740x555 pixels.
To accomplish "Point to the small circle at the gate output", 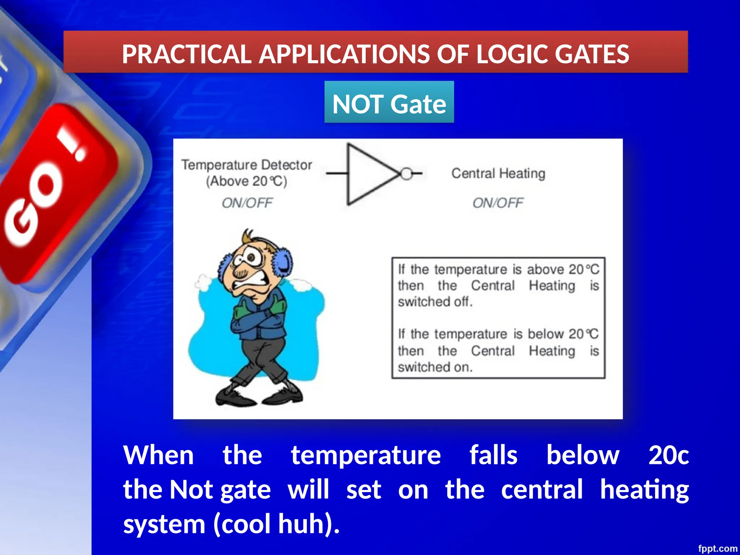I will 406,174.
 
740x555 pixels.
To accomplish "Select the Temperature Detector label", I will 246,165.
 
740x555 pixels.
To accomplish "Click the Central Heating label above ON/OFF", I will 498,173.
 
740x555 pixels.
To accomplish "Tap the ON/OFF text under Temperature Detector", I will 247,203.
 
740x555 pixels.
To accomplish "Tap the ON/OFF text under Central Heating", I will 498,203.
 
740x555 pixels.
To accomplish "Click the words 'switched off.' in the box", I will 435,302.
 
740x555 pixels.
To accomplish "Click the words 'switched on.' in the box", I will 435,367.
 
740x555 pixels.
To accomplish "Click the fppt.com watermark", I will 717,548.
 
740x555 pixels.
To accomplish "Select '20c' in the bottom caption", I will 668,455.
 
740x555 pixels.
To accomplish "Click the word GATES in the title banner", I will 592,54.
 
